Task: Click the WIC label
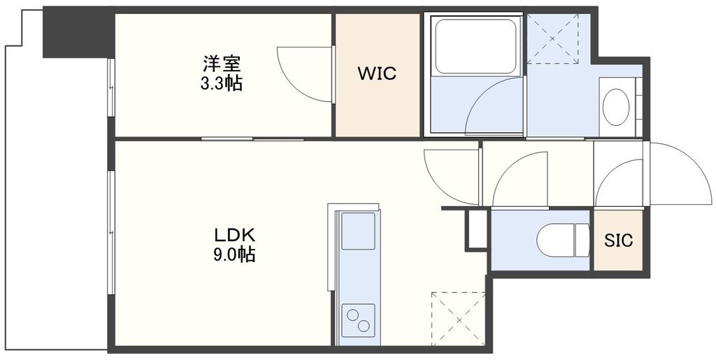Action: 378,73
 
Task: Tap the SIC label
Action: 618,241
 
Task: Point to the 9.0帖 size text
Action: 234,254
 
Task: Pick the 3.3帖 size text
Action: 222,84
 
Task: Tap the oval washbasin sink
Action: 616,107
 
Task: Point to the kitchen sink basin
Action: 358,227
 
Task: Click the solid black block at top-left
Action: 78,34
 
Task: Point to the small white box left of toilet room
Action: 477,228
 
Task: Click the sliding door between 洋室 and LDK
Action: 253,139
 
